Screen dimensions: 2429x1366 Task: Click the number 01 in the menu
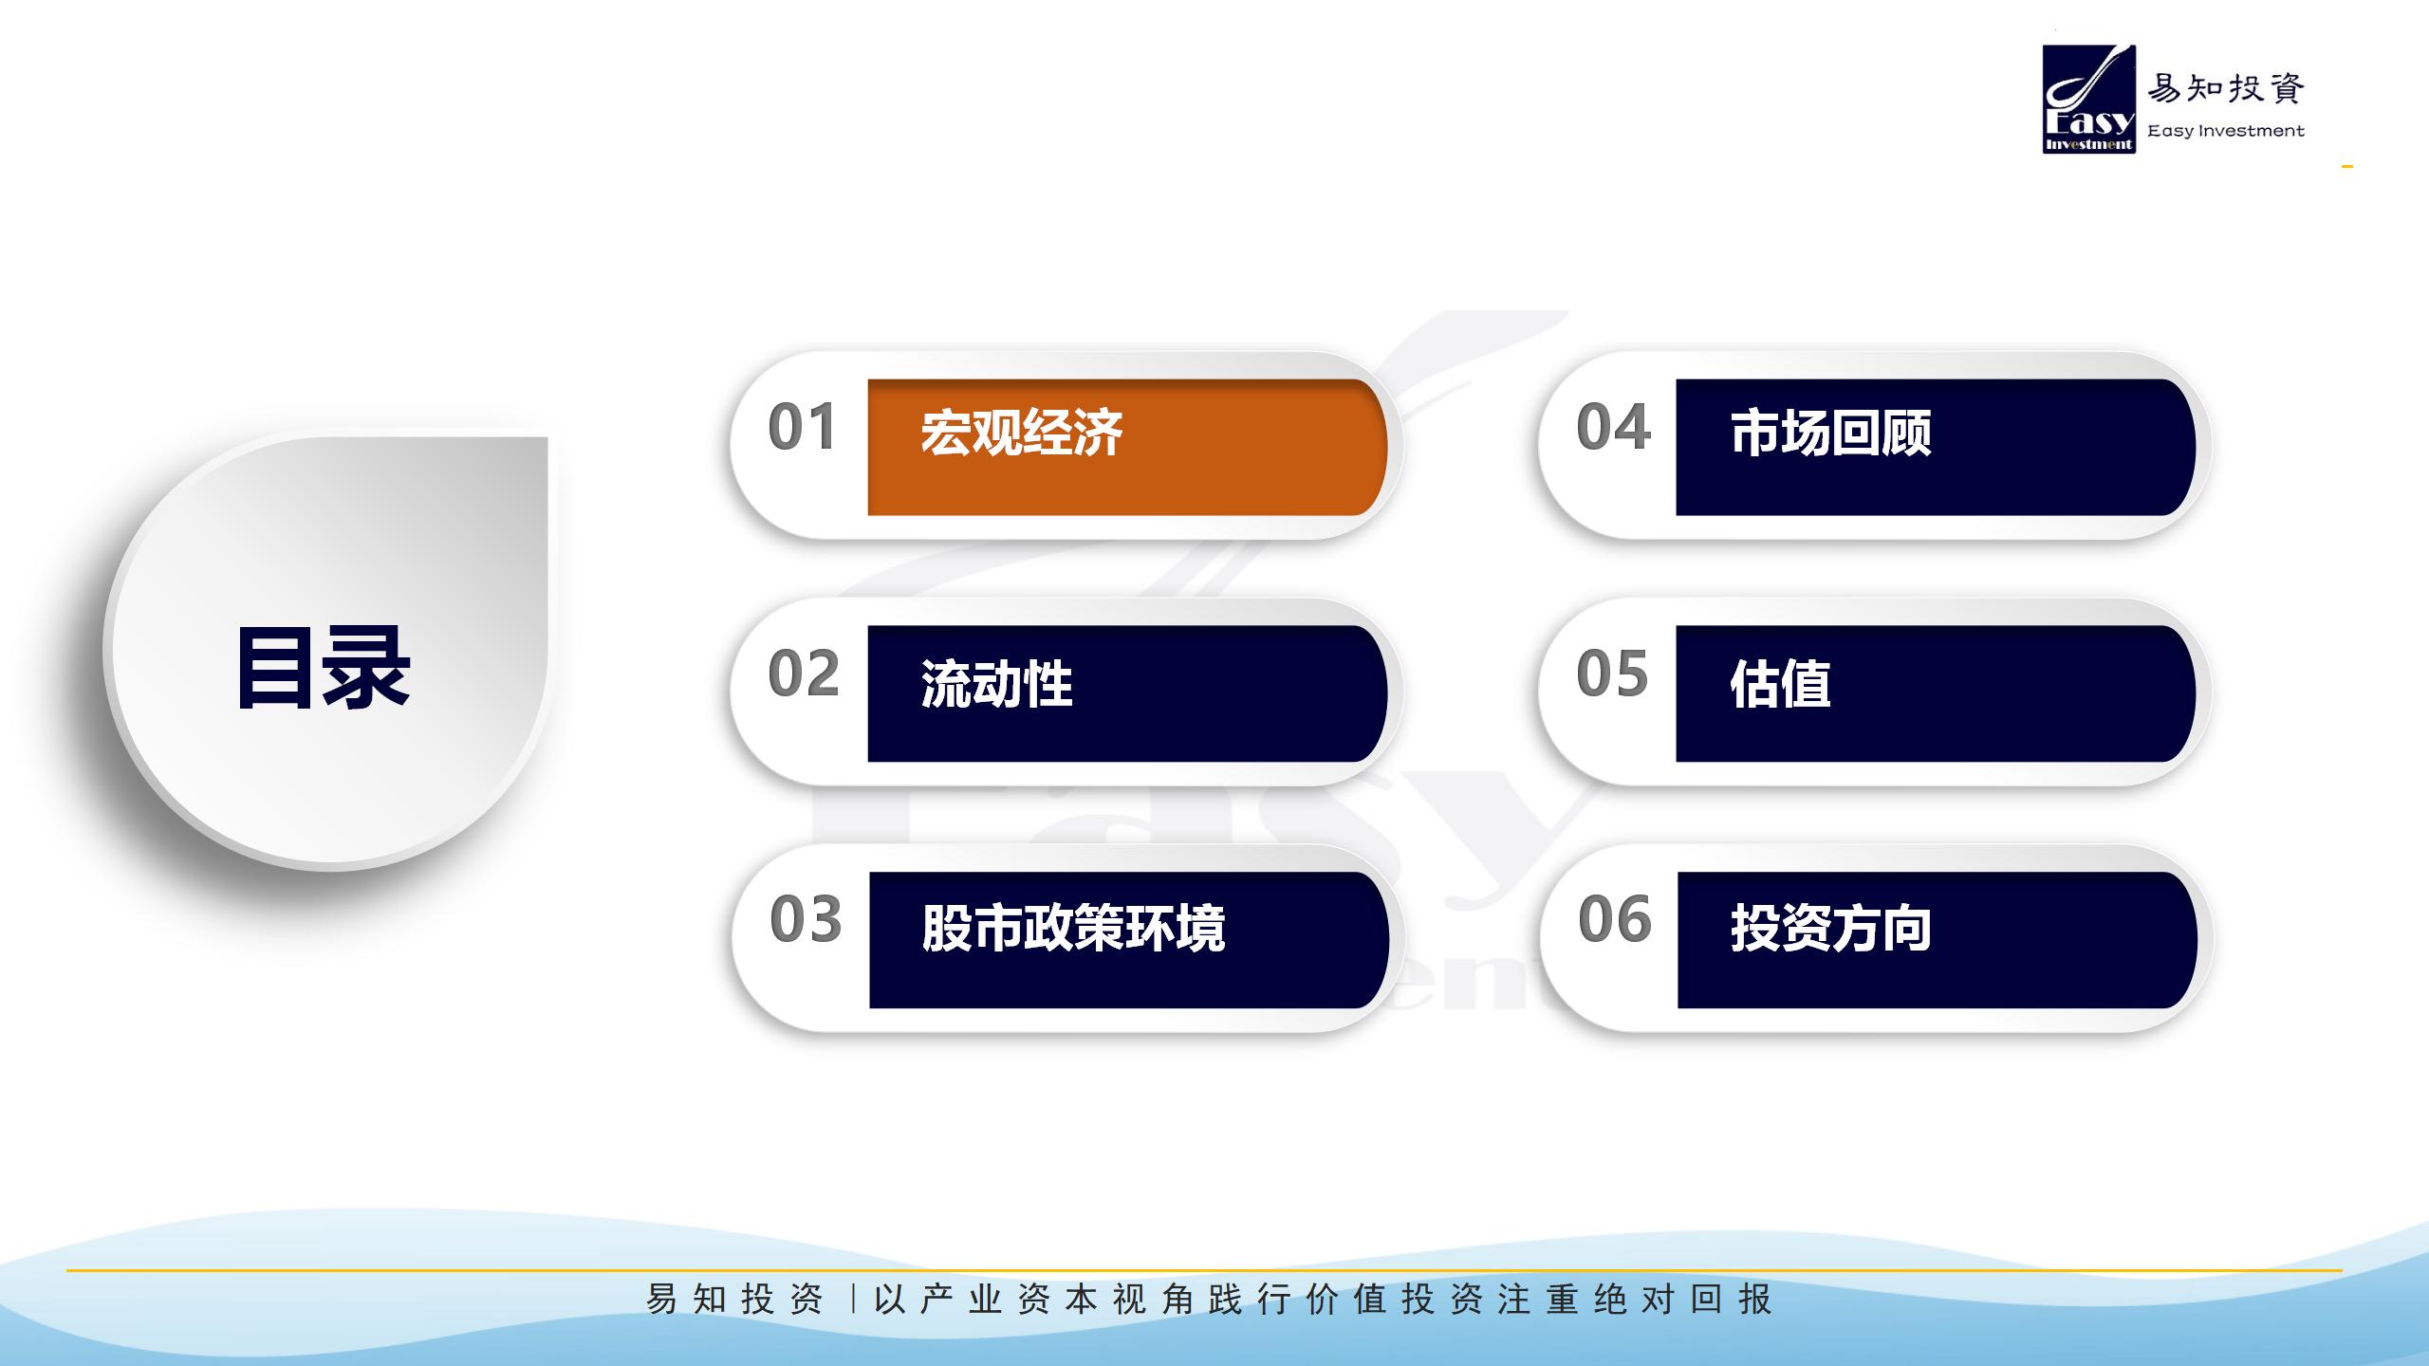[802, 427]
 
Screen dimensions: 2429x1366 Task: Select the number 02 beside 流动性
[804, 674]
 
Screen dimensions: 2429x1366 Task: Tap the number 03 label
[806, 919]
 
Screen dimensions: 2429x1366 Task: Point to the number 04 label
[1613, 427]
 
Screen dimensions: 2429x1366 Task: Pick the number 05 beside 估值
[1612, 674]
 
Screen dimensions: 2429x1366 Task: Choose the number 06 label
[1615, 919]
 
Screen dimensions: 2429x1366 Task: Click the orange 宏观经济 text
[1021, 434]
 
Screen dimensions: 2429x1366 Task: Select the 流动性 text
[996, 684]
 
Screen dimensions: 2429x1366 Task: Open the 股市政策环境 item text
[1073, 927]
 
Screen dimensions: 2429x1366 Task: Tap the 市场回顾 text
[1830, 434]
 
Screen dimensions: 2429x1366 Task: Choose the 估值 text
[1780, 684]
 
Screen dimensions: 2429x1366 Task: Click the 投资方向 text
[1831, 927]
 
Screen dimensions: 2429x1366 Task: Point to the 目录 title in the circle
[324, 668]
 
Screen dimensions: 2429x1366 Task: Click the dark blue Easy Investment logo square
[2089, 100]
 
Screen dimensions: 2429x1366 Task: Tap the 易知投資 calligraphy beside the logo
[2226, 89]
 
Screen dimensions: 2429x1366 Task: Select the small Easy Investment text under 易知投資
[2226, 131]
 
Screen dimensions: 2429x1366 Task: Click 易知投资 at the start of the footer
[734, 1299]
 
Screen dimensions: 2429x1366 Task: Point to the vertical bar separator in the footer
[854, 1299]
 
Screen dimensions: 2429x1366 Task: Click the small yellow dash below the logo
[2347, 167]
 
